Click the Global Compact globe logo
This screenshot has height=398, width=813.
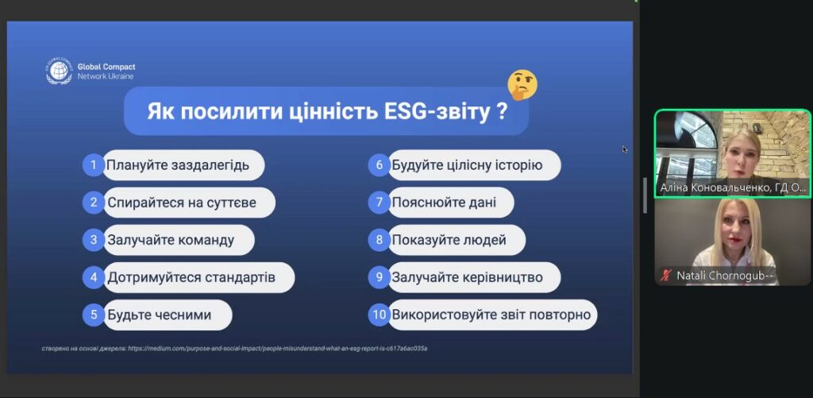(x=59, y=71)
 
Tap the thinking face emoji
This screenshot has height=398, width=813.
(x=522, y=85)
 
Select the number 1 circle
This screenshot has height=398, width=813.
(x=94, y=165)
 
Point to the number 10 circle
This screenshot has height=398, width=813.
(x=380, y=315)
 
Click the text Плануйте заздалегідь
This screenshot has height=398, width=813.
(x=178, y=165)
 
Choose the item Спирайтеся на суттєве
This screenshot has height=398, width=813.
(x=182, y=203)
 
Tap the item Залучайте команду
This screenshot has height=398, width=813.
(x=171, y=240)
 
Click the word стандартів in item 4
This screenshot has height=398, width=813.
(x=240, y=277)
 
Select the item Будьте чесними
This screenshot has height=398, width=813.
(x=159, y=315)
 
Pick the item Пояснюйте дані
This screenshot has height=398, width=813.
(x=444, y=203)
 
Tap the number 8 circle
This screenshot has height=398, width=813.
(x=380, y=240)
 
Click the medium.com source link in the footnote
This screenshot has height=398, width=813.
(x=278, y=348)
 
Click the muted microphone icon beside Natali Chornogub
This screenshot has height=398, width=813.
(x=666, y=276)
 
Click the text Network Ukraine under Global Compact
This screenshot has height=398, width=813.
(x=106, y=76)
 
